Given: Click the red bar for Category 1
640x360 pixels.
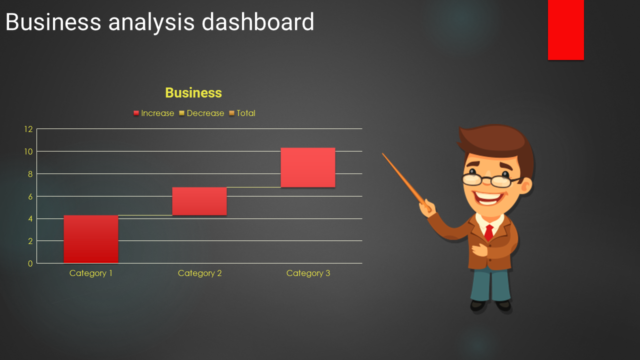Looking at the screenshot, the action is coord(91,239).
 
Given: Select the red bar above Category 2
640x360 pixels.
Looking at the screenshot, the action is coord(199,201).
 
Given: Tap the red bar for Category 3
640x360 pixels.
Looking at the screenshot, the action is coord(308,167).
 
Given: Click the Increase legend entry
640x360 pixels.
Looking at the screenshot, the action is coord(153,113).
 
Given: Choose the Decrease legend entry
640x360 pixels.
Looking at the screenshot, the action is coord(201,113).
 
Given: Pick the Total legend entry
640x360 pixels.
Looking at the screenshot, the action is coord(242,113).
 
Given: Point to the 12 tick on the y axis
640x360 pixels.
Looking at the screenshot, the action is coord(28,129).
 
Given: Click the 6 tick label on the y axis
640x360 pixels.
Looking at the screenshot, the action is coord(30,196).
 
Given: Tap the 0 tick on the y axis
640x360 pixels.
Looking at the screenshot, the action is coord(30,263).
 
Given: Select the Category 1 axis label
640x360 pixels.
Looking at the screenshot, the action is coord(91,273).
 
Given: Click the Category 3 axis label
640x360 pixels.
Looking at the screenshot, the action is coord(308,273).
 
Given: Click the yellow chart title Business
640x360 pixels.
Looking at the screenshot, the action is coord(193,93).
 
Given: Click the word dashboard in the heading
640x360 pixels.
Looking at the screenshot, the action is coord(257,21).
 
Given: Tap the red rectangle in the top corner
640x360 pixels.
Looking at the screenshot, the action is coord(565,30).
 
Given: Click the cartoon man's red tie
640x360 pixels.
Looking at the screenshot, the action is coord(489,232).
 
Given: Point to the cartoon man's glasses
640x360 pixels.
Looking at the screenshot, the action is coord(491,180).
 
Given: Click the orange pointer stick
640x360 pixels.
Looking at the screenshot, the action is coord(405,181).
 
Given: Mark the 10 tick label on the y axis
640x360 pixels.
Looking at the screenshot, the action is coord(28,151).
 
